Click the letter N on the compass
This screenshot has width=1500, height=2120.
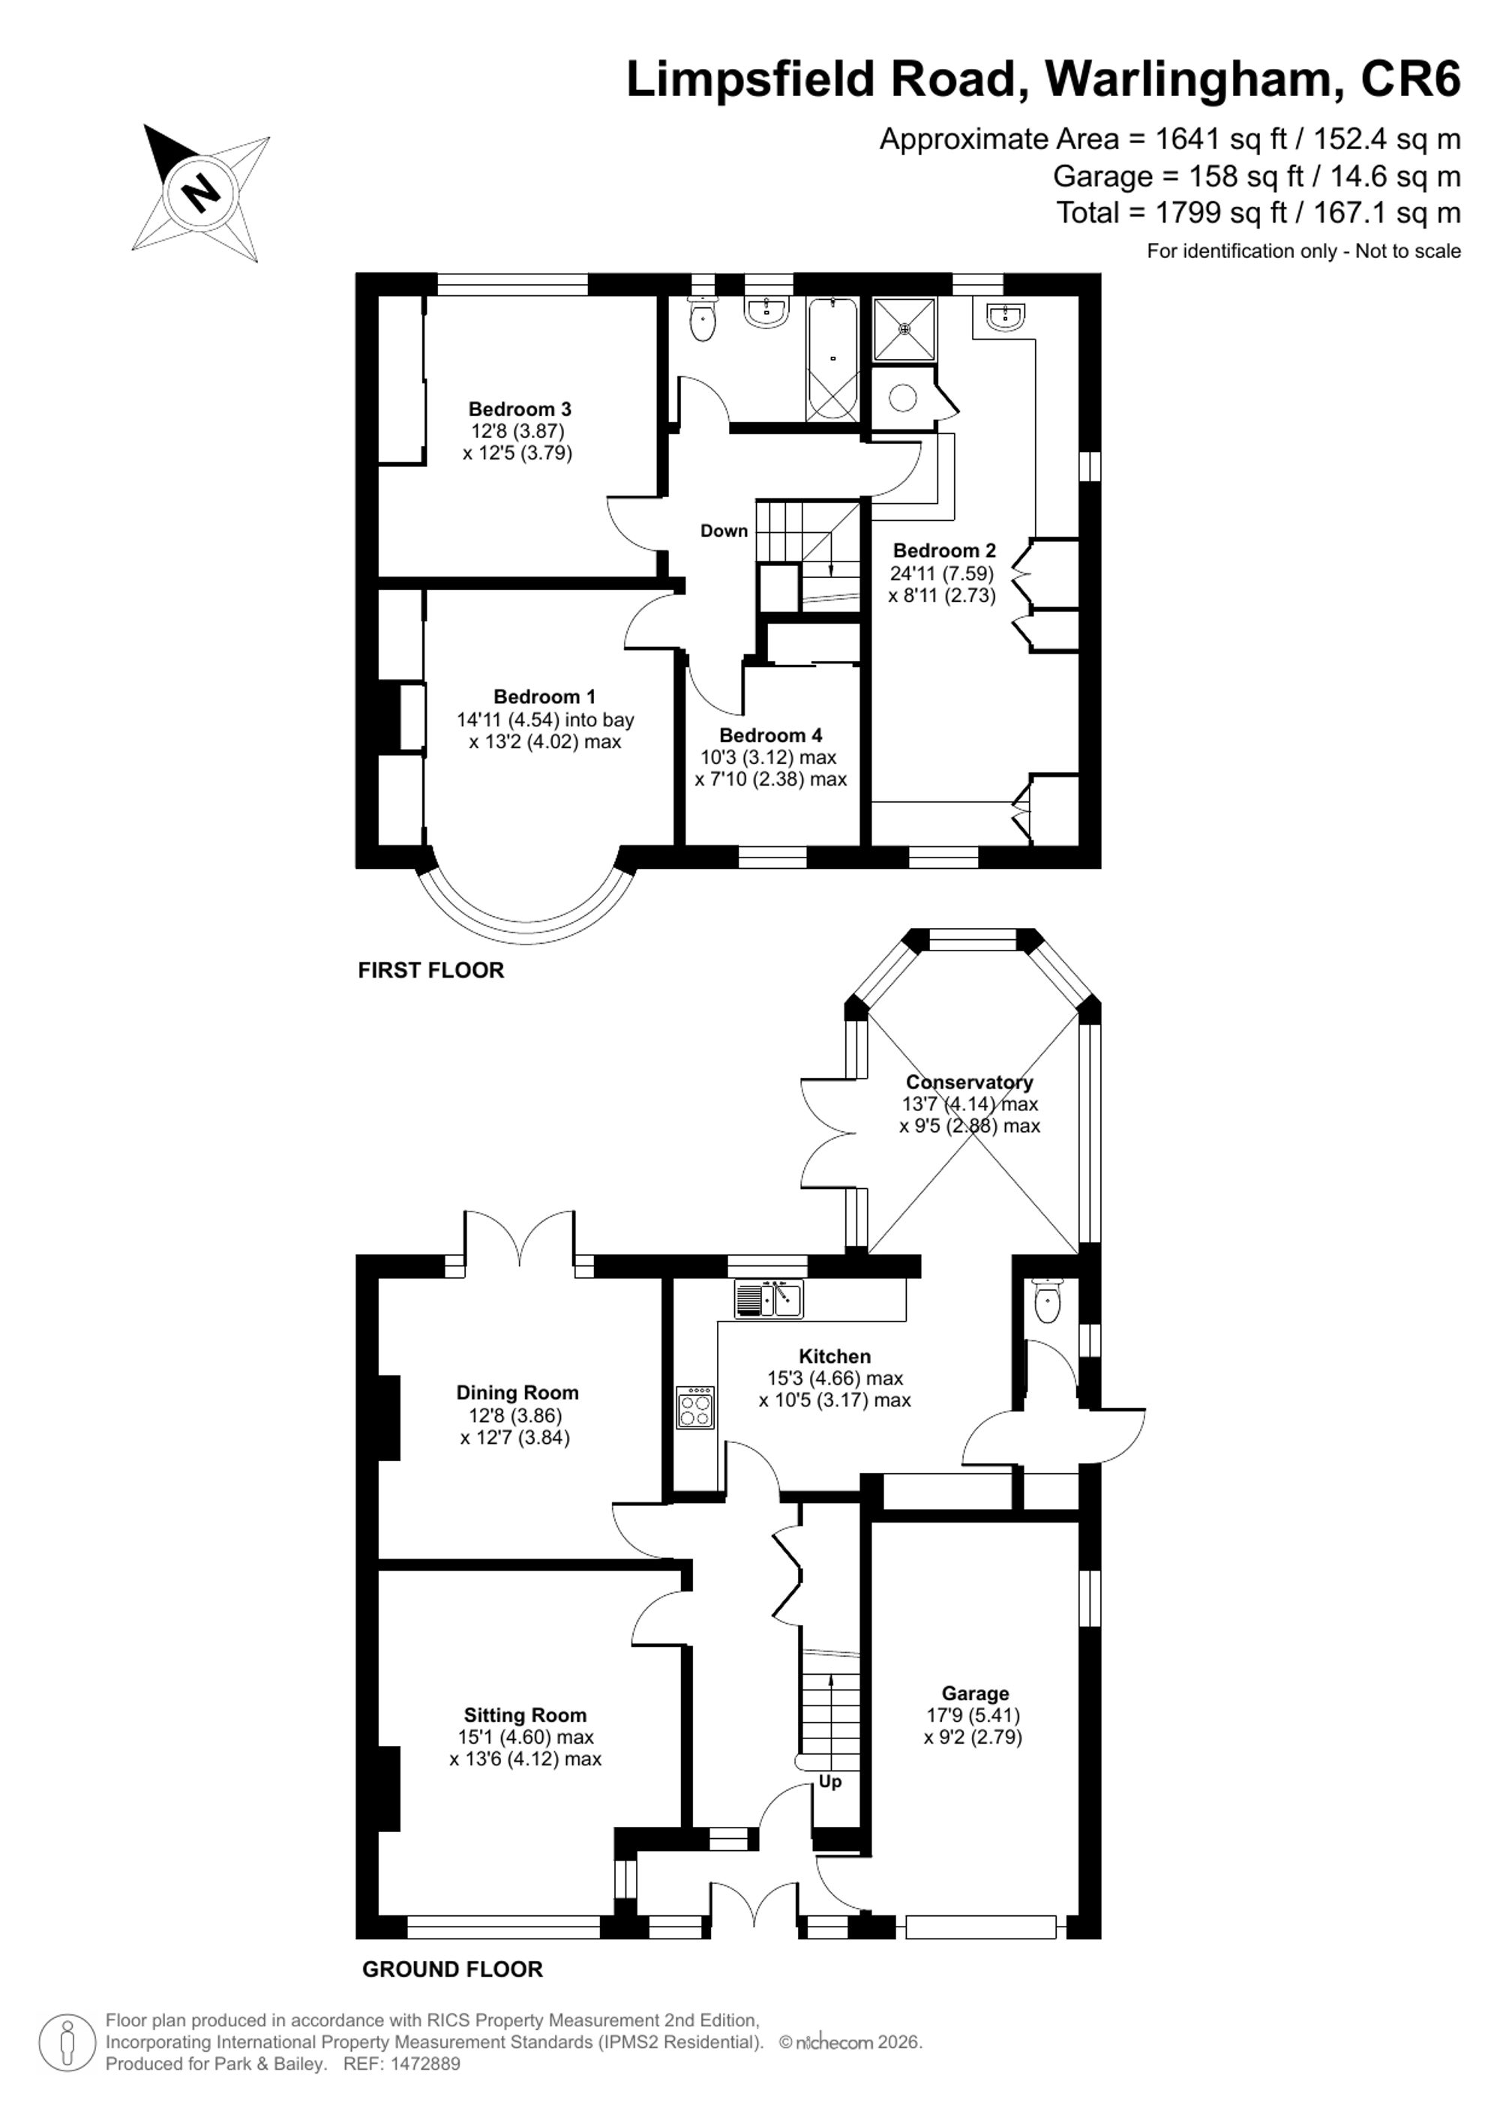click(x=200, y=193)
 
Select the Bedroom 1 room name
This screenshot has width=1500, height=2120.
click(x=545, y=697)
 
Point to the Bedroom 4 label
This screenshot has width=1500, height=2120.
click(x=770, y=736)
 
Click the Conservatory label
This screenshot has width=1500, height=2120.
click(x=969, y=1082)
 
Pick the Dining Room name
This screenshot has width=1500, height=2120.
click(x=517, y=1392)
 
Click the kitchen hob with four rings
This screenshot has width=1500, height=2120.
click(x=695, y=1407)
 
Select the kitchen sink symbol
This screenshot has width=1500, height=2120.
click(x=769, y=1298)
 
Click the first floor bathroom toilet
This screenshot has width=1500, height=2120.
click(x=703, y=319)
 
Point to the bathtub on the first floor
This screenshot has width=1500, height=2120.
click(x=833, y=360)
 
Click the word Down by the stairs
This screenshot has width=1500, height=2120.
click(x=724, y=531)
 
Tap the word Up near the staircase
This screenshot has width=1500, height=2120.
click(x=829, y=1781)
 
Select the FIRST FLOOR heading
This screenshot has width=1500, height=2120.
click(x=431, y=971)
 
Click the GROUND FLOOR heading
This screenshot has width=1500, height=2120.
click(x=452, y=1969)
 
